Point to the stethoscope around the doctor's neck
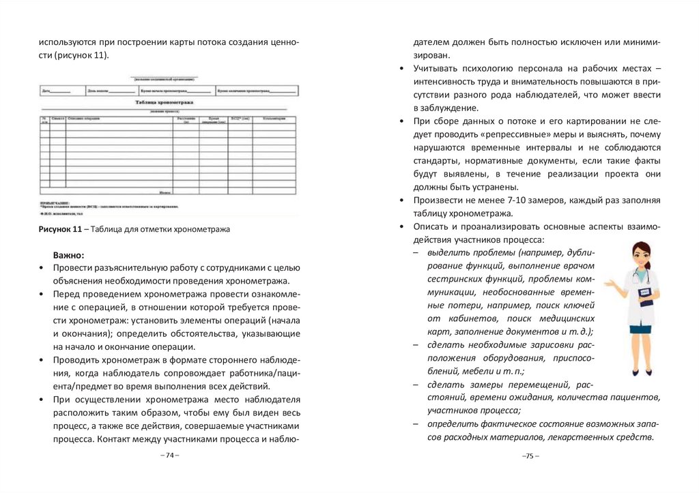tap(639, 275)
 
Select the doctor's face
tap(639, 256)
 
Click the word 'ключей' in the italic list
tap(580, 305)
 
